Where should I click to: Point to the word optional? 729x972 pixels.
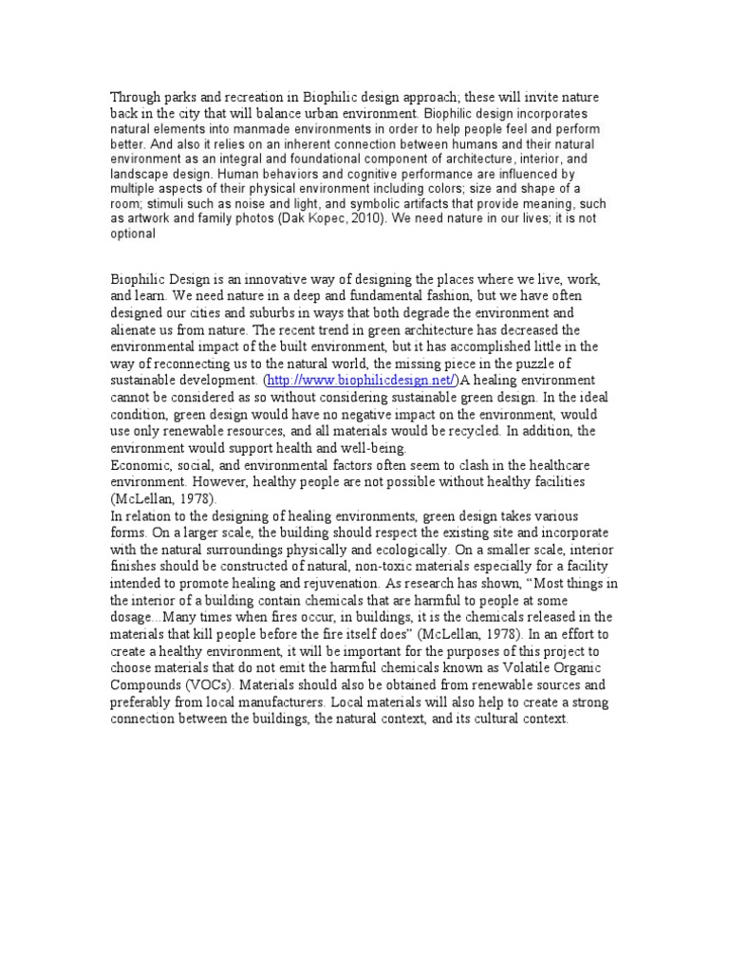click(x=133, y=234)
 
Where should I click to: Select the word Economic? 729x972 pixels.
click(x=141, y=466)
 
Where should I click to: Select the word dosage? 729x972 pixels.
click(x=134, y=617)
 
